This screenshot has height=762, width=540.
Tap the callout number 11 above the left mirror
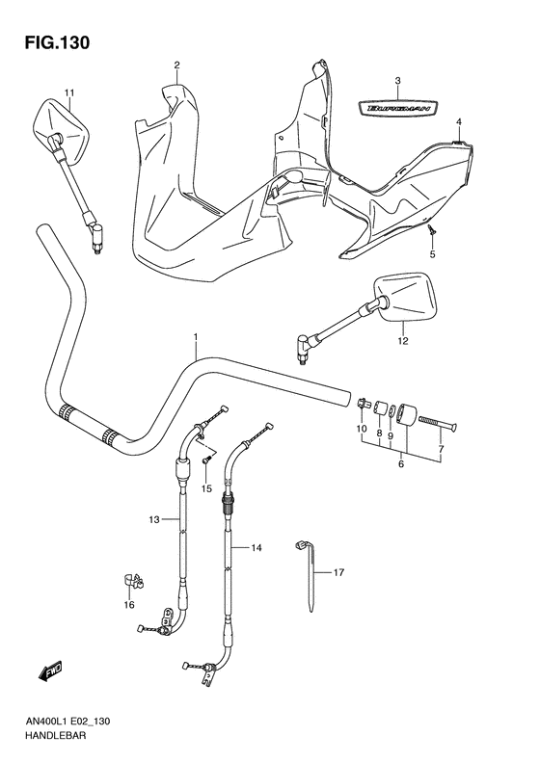(68, 92)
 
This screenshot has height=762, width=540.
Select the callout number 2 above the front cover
(176, 66)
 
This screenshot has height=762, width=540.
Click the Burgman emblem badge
(395, 109)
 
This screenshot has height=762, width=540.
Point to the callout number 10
(363, 429)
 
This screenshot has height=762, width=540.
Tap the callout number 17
(338, 572)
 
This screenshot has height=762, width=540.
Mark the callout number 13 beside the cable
(153, 520)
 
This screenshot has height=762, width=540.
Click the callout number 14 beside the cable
(256, 548)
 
